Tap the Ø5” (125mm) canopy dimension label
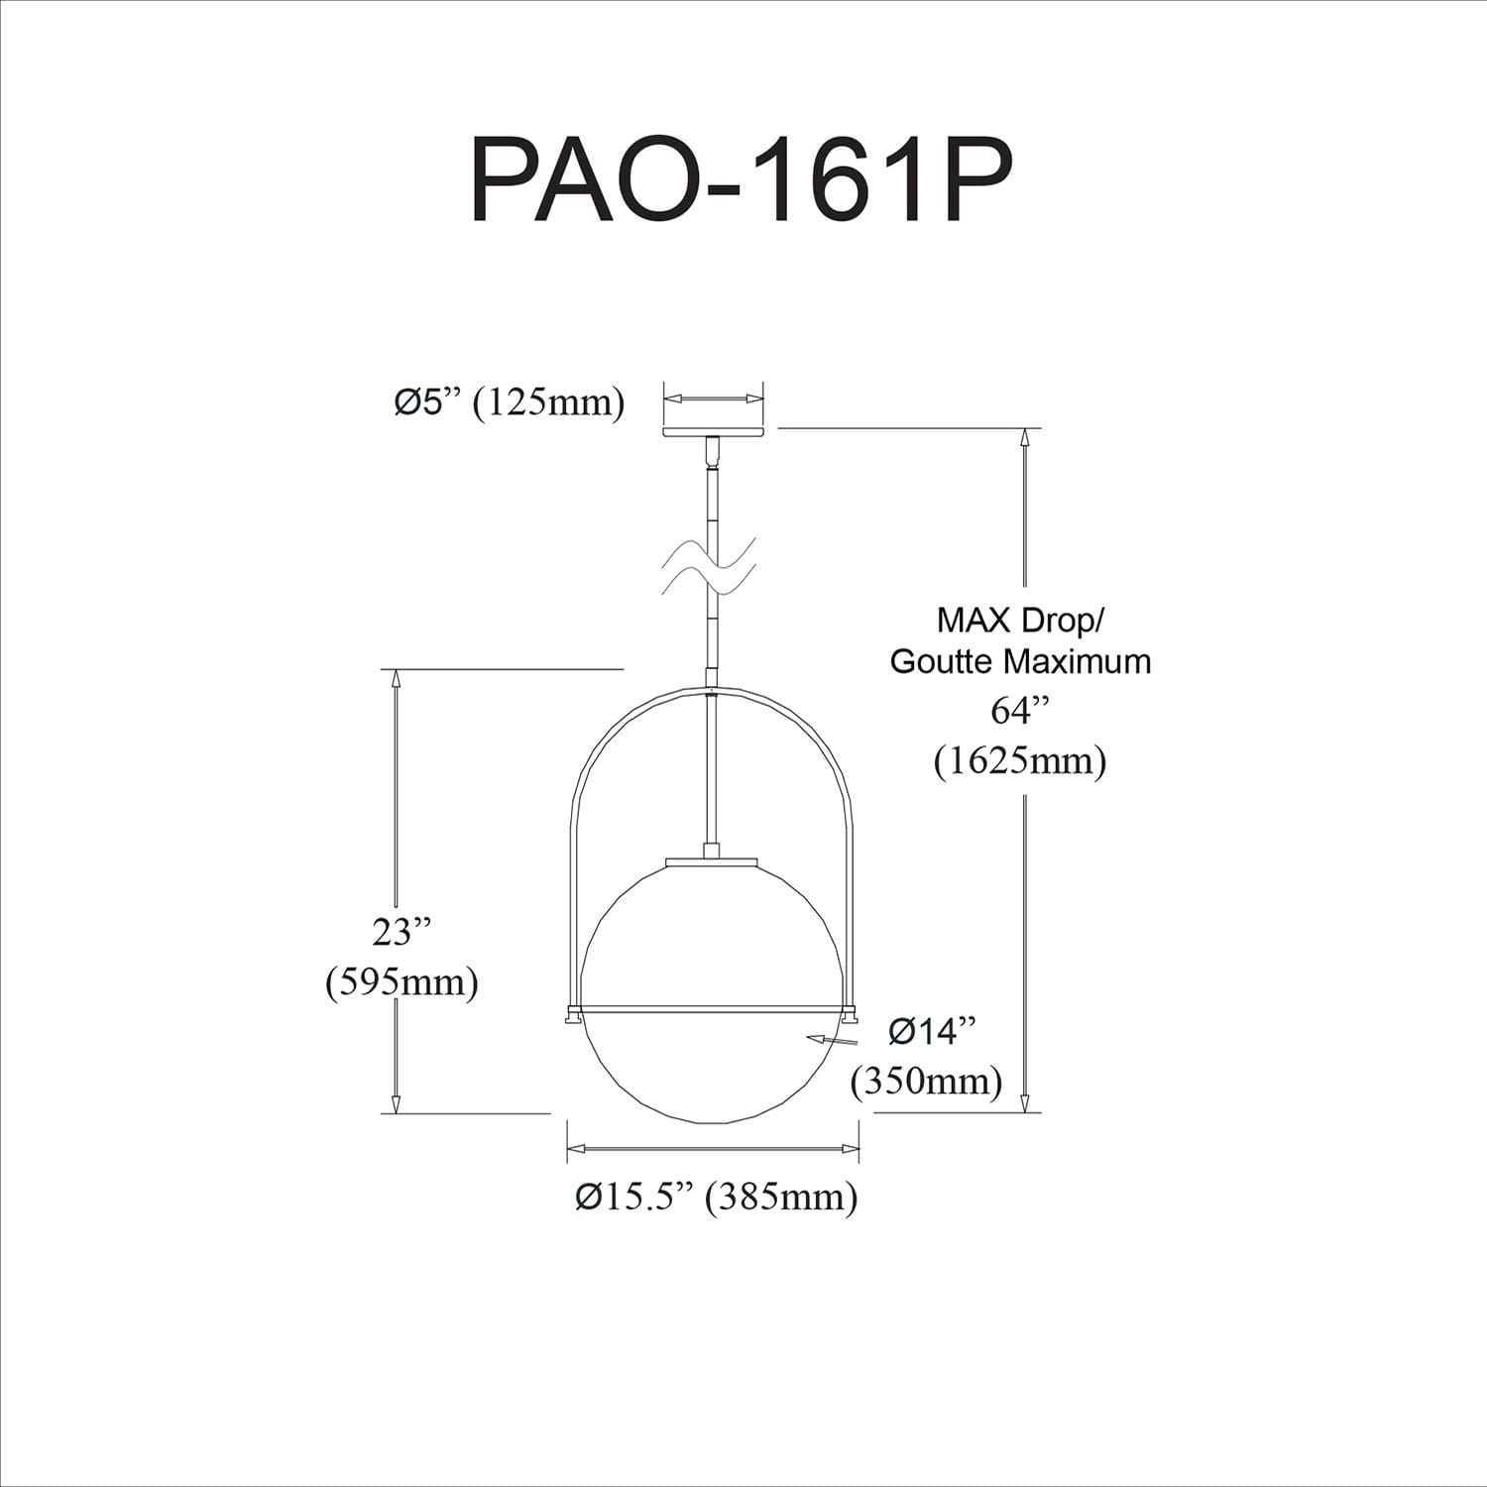510,402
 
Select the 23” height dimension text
402,933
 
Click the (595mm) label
402,981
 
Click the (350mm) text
926,1080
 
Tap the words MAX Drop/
1020,622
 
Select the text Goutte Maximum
1020,660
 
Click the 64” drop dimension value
1020,711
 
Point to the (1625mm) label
1020,760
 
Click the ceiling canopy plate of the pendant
713,432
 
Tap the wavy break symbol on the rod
712,568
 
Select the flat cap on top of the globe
712,860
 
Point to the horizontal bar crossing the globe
712,1010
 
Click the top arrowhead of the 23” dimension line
396,680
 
